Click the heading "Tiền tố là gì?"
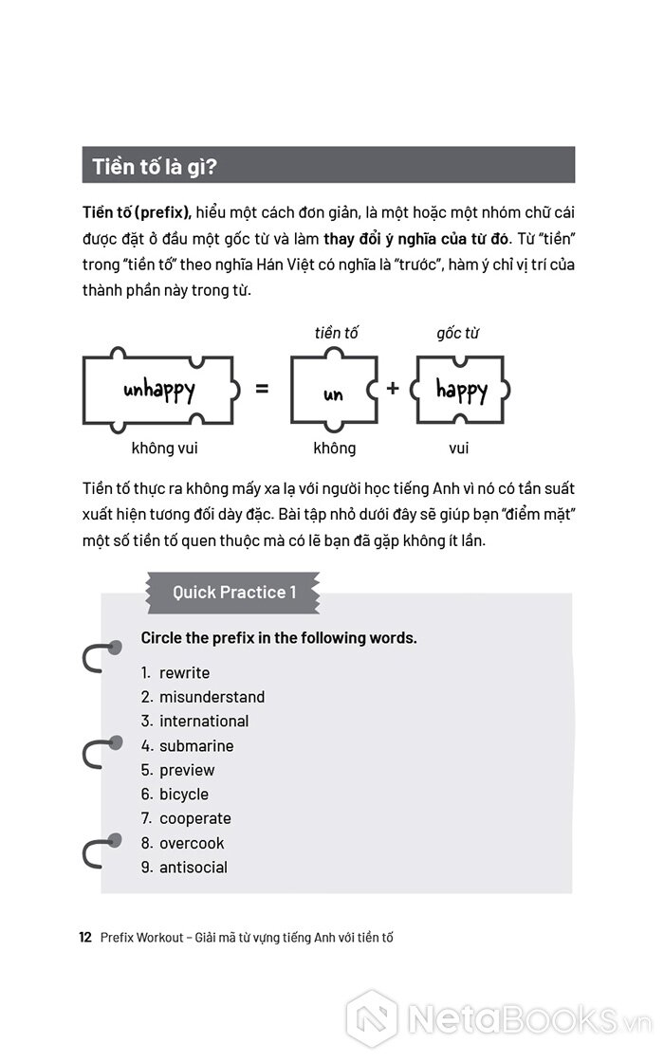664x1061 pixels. (155, 167)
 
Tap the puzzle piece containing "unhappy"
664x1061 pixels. (159, 390)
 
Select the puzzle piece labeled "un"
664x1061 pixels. (333, 391)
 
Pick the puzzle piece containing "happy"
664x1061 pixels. (461, 390)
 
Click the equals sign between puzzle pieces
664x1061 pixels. (263, 389)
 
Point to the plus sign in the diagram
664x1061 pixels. (393, 389)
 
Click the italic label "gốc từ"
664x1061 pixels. (457, 333)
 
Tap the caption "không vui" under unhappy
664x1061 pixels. (164, 448)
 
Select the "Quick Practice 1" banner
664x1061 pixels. (233, 593)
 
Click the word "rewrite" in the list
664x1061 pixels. (184, 672)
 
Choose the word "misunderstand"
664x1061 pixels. (212, 697)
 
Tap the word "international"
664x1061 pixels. (204, 722)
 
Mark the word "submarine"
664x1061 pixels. (196, 746)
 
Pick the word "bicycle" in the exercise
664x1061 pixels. (184, 795)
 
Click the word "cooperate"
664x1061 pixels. (194, 818)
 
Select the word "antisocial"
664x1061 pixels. (194, 867)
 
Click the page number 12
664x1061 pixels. (84, 938)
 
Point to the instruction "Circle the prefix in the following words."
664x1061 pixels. (279, 638)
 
